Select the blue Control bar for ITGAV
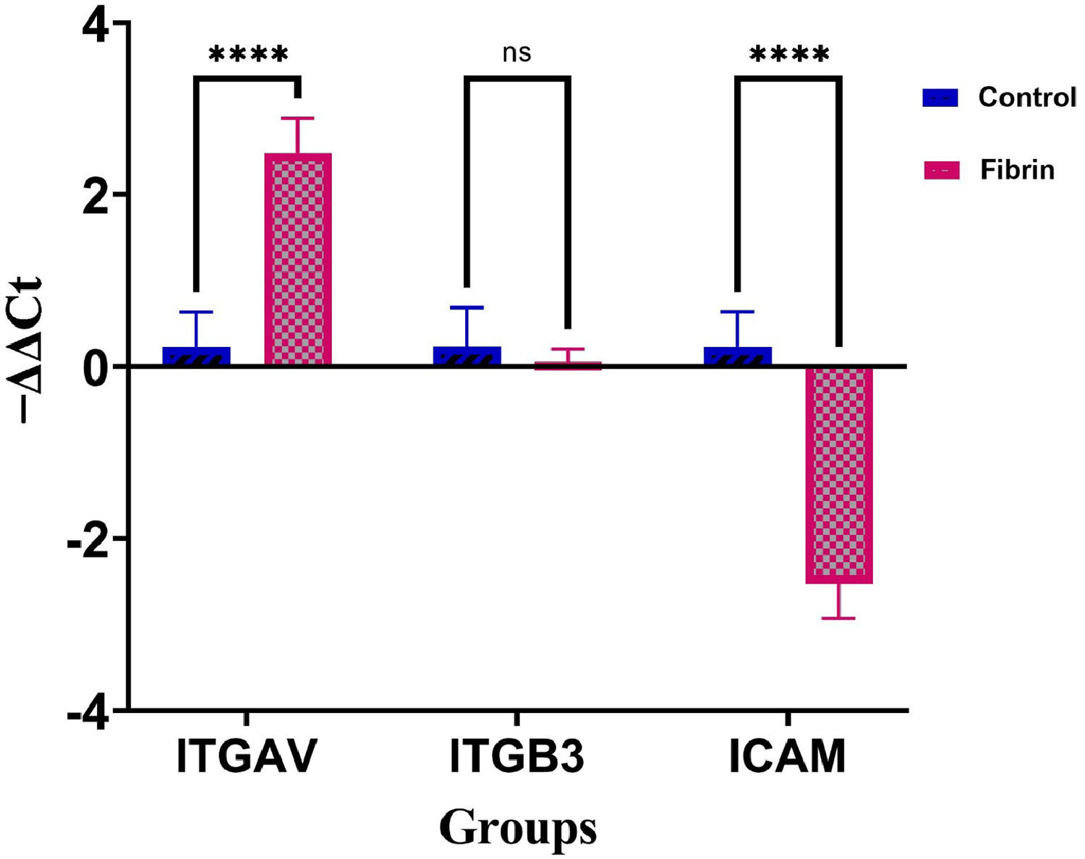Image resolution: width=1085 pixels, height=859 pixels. tap(196, 356)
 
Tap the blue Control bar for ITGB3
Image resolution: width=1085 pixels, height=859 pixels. tap(467, 356)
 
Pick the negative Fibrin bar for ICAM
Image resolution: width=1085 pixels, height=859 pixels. tap(839, 474)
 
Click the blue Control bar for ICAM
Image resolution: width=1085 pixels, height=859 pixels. tap(738, 356)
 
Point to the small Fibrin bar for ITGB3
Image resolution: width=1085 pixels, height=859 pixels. tap(568, 365)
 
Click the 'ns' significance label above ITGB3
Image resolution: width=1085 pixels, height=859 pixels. tap(516, 53)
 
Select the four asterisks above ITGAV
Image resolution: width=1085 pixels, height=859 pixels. tap(248, 54)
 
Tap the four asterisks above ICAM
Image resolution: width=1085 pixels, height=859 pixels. tap(789, 54)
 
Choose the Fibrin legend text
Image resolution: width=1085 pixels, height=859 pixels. tap(1017, 170)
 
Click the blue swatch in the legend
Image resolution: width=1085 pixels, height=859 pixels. tap(940, 98)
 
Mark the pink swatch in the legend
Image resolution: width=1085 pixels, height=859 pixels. tap(942, 171)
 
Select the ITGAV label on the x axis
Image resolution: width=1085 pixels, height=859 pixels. tap(247, 756)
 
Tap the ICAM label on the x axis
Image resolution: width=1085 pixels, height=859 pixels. tap(788, 756)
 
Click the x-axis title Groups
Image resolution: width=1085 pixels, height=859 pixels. tap(518, 826)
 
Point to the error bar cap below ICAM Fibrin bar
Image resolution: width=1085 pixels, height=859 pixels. tap(839, 618)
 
